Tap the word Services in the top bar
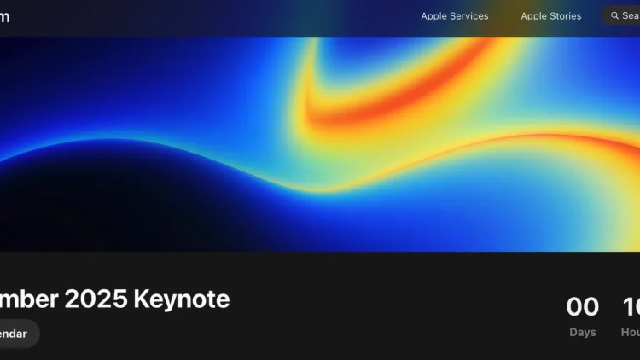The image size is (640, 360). pyautogui.click(x=469, y=16)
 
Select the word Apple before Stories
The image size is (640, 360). pyautogui.click(x=534, y=16)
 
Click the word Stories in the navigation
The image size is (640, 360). pyautogui.click(x=566, y=16)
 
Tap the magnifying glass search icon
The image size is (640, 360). pyautogui.click(x=614, y=16)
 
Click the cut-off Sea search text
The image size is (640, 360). pyautogui.click(x=631, y=16)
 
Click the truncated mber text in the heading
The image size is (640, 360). pyautogui.click(x=30, y=299)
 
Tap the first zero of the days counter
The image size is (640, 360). pyautogui.click(x=574, y=306)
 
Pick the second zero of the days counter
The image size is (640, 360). pyautogui.click(x=591, y=306)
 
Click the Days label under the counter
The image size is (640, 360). pyautogui.click(x=583, y=332)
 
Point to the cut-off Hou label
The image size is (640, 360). pyautogui.click(x=631, y=332)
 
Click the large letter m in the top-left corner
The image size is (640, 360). pyautogui.click(x=4, y=17)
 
